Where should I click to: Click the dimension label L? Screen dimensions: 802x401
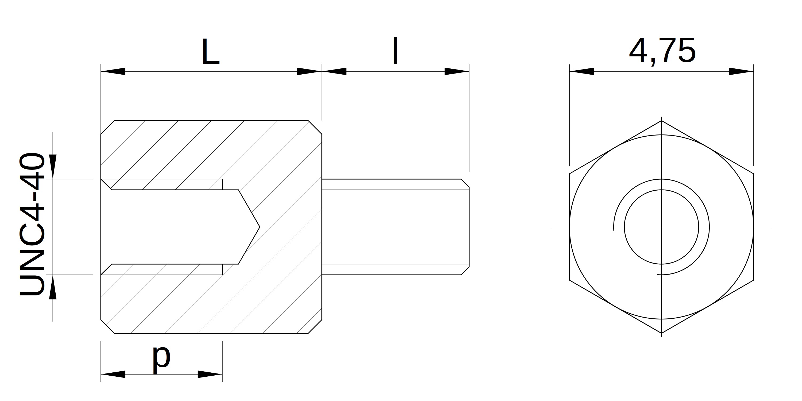(x=211, y=52)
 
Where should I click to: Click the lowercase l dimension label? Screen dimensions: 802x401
(x=395, y=51)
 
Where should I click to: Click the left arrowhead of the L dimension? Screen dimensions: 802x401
(x=113, y=71)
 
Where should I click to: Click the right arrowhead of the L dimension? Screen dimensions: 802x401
(x=309, y=71)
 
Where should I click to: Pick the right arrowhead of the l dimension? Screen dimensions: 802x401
(x=457, y=71)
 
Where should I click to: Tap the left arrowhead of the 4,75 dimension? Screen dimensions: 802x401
(x=581, y=71)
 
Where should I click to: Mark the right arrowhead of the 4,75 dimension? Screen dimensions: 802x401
(x=741, y=71)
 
